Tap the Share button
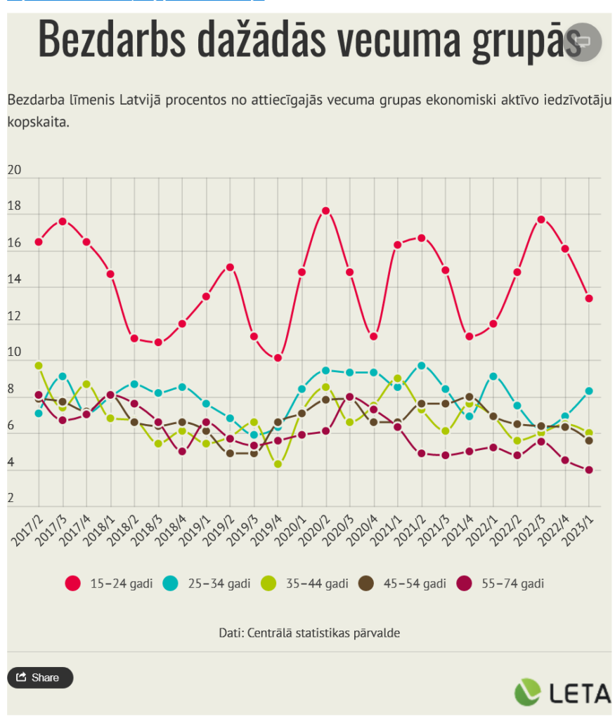tap(40, 678)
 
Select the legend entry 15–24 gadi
tap(109, 583)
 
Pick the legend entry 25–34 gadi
tap(207, 583)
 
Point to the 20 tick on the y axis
tap(14, 171)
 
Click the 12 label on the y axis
tap(14, 317)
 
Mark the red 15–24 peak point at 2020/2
tap(325, 211)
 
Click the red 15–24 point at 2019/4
tap(278, 358)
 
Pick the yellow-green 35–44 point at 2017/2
tap(39, 366)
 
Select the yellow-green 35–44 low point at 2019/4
tap(278, 464)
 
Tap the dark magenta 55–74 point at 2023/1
tap(588, 470)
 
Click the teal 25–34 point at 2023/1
tap(588, 391)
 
